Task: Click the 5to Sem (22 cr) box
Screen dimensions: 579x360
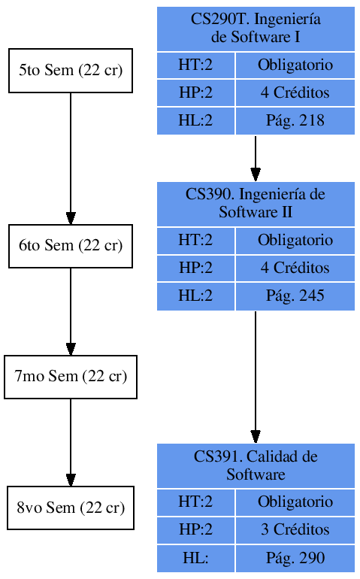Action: point(71,71)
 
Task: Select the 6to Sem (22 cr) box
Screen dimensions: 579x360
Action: point(71,246)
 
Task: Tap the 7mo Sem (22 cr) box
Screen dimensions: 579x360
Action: point(71,377)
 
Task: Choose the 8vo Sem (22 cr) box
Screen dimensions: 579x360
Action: point(71,508)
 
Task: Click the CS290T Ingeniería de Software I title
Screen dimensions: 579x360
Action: point(256,29)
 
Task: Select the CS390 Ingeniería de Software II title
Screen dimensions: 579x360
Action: point(256,203)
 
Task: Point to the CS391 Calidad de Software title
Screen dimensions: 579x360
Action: point(256,465)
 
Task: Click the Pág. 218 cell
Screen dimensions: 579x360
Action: point(295,120)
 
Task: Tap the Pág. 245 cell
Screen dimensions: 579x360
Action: point(295,296)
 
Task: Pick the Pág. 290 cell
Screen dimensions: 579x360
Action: point(295,558)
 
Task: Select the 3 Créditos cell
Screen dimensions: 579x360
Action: point(295,529)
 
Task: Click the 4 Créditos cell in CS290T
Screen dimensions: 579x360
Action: point(295,93)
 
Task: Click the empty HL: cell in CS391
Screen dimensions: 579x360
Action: point(195,558)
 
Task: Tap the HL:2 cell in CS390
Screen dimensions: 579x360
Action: point(195,296)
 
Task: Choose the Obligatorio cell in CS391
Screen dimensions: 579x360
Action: point(295,502)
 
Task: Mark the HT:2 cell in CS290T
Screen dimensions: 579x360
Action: point(195,65)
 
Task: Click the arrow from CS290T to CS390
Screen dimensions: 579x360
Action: point(256,158)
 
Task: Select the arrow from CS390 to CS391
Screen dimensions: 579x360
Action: point(256,376)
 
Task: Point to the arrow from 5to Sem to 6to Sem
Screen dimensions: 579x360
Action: point(71,158)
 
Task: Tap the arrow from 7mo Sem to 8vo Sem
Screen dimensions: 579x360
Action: point(71,442)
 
